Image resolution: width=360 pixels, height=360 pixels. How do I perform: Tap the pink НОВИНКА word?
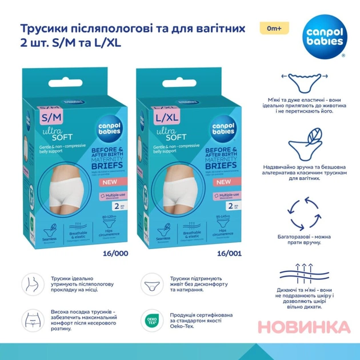point(303,327)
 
